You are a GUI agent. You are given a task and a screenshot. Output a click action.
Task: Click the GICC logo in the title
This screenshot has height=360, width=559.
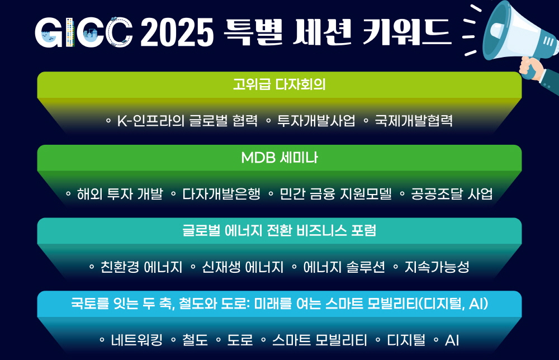click(83, 32)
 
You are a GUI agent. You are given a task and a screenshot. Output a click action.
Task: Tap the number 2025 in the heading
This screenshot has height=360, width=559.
click(177, 32)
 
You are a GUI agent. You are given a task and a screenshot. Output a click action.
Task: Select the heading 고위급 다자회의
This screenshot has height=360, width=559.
click(279, 84)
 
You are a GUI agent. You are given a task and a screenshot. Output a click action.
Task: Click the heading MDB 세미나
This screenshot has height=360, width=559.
click(279, 158)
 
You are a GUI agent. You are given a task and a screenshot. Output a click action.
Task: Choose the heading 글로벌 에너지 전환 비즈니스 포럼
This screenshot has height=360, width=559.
click(279, 231)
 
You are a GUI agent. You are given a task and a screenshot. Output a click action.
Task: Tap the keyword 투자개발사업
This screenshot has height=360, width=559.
click(316, 121)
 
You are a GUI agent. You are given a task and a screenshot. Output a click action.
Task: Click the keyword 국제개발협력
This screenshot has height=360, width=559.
click(414, 121)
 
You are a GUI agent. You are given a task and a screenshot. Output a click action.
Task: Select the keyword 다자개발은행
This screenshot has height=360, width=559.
click(221, 194)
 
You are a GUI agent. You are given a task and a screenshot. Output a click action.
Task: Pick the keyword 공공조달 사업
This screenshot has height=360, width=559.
click(452, 194)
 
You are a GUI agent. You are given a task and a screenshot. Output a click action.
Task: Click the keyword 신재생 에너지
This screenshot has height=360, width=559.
click(243, 267)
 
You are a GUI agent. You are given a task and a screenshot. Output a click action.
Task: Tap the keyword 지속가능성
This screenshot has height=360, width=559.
click(437, 267)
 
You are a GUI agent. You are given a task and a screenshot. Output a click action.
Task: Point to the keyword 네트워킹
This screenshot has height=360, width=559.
click(137, 340)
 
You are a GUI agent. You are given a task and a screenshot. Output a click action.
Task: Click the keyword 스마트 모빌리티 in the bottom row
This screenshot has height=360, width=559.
click(320, 340)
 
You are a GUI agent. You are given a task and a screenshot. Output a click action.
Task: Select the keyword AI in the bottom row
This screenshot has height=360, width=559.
click(452, 340)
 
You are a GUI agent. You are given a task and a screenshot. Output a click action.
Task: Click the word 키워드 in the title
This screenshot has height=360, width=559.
click(407, 32)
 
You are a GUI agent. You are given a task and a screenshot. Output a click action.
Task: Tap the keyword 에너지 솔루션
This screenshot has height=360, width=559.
click(344, 267)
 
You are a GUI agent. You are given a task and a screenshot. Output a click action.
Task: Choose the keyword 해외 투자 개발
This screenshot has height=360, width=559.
click(120, 194)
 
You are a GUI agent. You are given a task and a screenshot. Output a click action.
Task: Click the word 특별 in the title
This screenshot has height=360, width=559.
click(253, 32)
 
